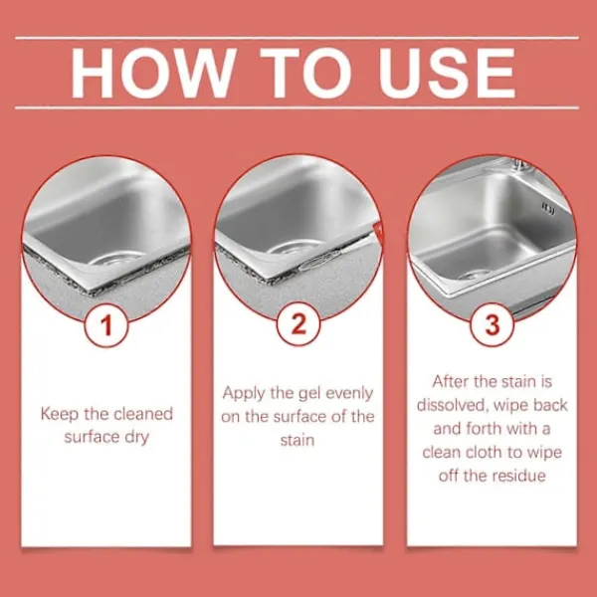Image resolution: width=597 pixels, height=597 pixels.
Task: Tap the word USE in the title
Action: click(x=446, y=73)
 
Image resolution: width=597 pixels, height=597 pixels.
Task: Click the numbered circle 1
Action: click(x=106, y=325)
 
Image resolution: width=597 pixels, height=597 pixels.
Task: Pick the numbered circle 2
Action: click(x=298, y=324)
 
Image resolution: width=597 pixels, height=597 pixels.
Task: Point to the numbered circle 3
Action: click(x=492, y=325)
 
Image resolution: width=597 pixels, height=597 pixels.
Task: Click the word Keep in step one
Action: click(x=60, y=414)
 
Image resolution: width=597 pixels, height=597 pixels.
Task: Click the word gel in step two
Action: click(x=308, y=394)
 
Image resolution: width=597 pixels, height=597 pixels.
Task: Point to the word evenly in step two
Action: click(x=349, y=394)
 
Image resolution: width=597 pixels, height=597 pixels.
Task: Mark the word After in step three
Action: click(x=451, y=381)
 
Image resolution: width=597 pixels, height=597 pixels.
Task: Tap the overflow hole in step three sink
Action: click(x=548, y=209)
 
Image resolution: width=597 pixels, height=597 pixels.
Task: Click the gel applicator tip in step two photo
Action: click(x=378, y=230)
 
